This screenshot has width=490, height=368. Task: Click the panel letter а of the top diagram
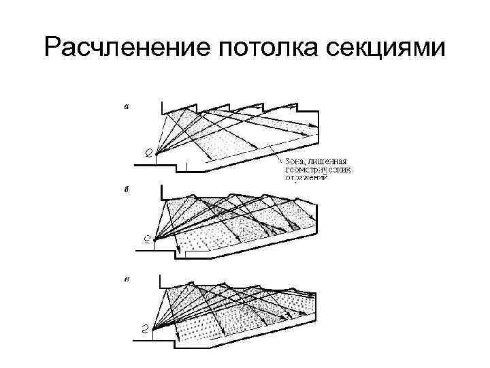coord(127,106)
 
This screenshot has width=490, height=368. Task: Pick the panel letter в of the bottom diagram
coord(127,279)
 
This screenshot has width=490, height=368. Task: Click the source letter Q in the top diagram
coord(148,151)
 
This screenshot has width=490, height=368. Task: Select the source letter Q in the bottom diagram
coord(146,328)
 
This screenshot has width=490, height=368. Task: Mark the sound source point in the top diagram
coord(157,153)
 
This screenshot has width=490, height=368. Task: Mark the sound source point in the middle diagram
coord(156,239)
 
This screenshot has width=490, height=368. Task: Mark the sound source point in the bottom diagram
coord(154,328)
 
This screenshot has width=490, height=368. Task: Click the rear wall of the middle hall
coord(315,217)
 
